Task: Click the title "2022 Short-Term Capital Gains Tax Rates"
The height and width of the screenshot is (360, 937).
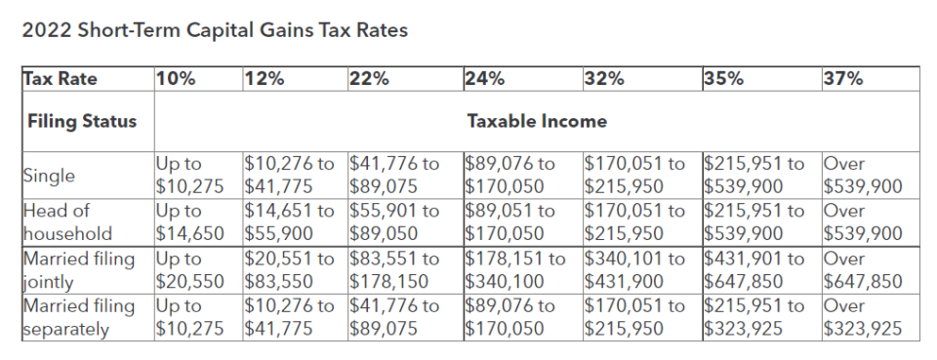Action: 214,30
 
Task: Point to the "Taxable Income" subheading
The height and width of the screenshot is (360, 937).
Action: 537,122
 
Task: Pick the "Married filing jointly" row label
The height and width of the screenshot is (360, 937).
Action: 78,269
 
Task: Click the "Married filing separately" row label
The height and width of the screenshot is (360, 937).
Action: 78,317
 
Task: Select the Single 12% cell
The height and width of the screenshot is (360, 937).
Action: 291,175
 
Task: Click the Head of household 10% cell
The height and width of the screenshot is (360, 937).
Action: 192,221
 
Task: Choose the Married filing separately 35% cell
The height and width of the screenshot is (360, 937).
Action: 754,317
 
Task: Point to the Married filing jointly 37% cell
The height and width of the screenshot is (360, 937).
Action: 863,269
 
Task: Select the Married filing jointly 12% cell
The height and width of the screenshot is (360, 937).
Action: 291,269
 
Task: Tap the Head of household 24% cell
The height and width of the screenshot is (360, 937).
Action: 514,221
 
